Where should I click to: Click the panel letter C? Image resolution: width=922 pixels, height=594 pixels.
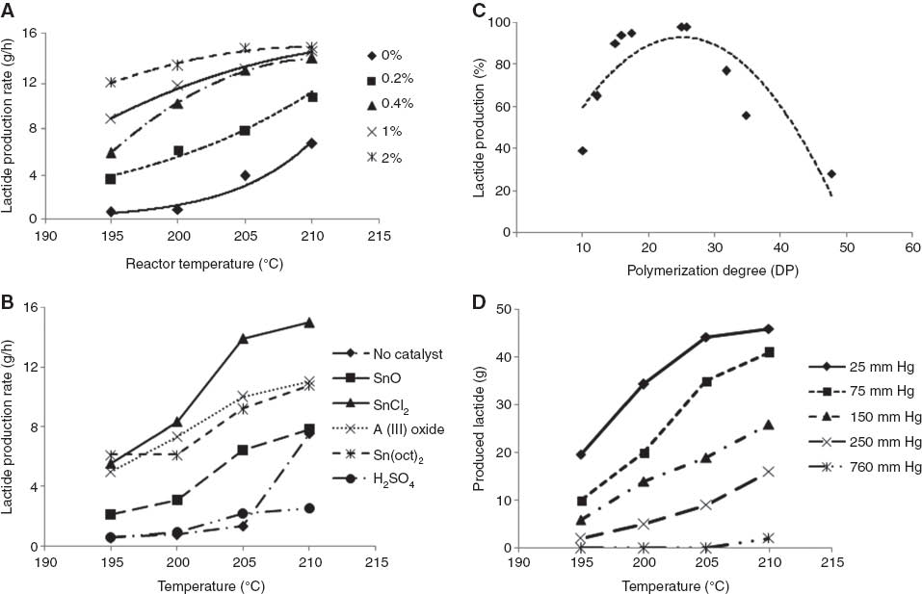478,11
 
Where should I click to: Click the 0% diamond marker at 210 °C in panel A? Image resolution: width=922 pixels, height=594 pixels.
311,142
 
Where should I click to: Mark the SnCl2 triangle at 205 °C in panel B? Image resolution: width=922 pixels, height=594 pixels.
244,338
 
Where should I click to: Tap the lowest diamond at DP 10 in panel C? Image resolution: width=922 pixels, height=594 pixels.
583,150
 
